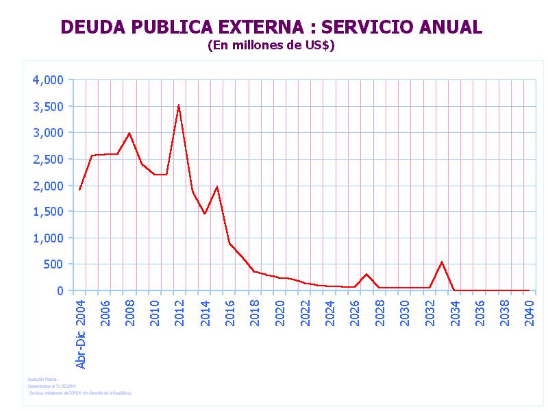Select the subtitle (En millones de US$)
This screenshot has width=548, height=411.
271,46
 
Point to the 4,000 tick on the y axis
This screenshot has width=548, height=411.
48,80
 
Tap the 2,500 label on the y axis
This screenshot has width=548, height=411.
48,159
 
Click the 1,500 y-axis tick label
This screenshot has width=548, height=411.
48,212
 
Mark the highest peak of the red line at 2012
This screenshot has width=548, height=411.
179,105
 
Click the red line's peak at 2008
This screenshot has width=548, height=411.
129,133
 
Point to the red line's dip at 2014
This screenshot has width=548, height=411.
204,214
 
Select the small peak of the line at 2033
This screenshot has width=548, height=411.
442,262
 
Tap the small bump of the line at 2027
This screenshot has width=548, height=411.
367,274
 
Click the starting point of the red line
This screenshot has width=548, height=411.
79,190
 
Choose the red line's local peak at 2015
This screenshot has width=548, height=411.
216,186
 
